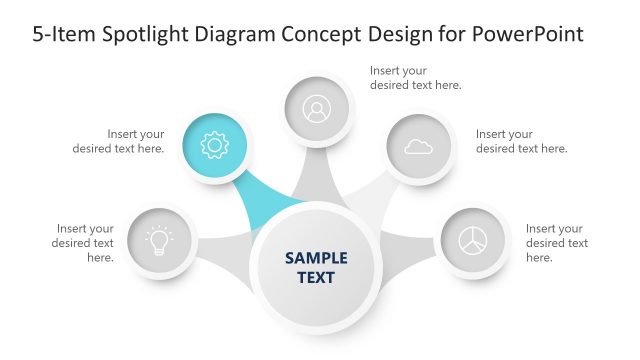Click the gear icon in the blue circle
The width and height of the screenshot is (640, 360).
pos(215,146)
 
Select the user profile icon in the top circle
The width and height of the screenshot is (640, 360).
pos(316,108)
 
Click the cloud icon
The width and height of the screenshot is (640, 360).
pos(418,147)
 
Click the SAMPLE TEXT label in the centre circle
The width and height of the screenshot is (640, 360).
pos(316,267)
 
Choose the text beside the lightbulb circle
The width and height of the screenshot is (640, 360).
pos(84,243)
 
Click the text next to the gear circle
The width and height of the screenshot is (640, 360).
pos(118,141)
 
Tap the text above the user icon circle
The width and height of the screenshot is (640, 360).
pos(415,78)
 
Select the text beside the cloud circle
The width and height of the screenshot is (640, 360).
pos(521,141)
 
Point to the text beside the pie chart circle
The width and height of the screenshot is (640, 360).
pos(556,243)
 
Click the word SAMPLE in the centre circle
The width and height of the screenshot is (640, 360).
pos(316,257)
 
